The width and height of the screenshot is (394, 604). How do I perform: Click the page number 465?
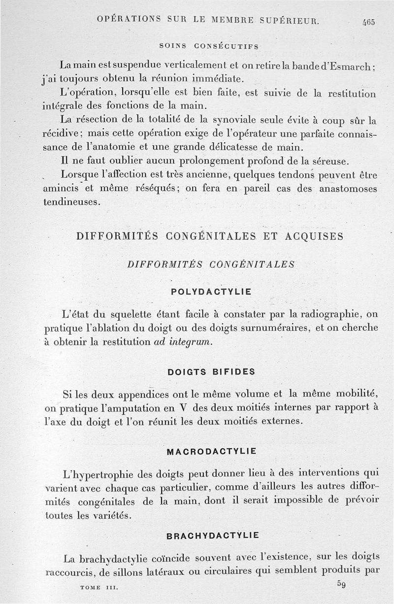click(x=368, y=22)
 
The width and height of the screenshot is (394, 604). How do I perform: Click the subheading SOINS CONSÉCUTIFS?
click(x=209, y=46)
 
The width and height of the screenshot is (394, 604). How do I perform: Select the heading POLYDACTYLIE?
click(x=211, y=291)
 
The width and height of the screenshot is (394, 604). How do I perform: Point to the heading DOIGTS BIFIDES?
click(x=211, y=372)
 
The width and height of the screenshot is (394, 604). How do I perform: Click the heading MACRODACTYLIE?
click(x=211, y=452)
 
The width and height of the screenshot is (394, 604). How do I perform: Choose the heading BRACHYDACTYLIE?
click(x=212, y=536)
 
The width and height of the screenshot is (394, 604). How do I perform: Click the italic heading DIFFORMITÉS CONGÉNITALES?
click(x=211, y=264)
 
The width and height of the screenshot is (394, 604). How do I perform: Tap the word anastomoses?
click(x=348, y=188)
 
